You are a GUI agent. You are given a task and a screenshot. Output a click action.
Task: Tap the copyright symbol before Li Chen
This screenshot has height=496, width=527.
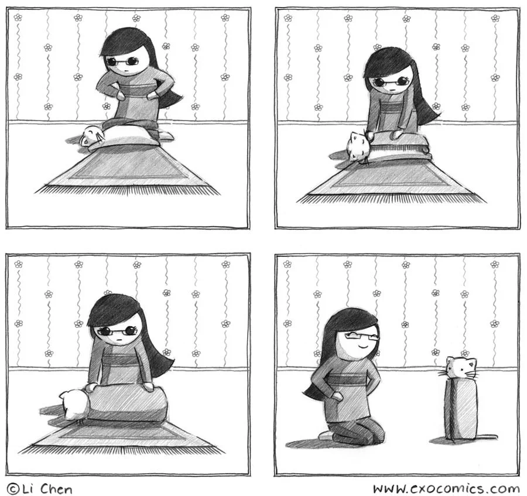click(13, 489)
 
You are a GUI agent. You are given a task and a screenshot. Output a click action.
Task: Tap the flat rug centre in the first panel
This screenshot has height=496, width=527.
click(128, 167)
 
